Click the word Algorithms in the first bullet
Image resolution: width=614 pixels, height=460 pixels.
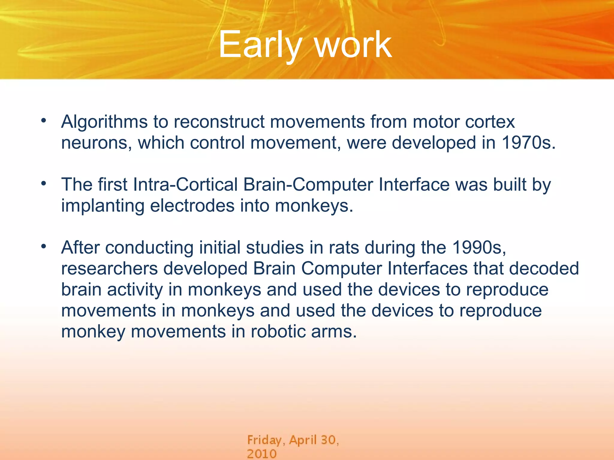coord(104,122)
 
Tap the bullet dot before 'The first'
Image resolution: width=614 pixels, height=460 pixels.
coord(44,183)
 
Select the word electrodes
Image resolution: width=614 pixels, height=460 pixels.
coord(192,206)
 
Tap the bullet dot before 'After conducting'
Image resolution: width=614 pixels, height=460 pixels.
coord(44,246)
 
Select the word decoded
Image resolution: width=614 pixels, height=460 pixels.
coord(544,269)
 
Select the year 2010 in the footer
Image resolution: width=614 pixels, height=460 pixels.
coord(261,454)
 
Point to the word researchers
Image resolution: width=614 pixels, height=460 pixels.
coord(109,269)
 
